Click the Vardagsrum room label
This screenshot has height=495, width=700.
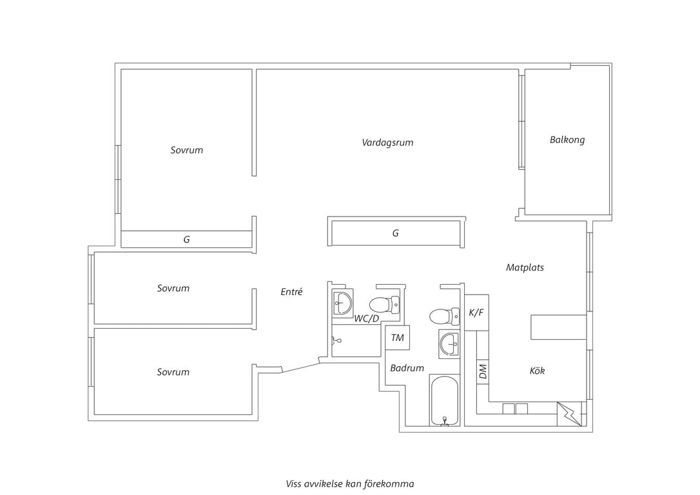click(387, 143)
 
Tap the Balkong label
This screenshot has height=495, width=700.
click(567, 140)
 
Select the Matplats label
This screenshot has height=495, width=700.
click(525, 267)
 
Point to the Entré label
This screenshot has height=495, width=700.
click(291, 291)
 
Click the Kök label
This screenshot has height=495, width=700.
click(537, 371)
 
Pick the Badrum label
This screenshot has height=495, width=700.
click(407, 368)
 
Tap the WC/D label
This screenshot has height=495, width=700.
click(367, 318)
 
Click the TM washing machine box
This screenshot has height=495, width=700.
click(397, 338)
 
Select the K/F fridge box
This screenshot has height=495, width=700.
click(476, 313)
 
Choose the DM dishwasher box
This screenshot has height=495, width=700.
click(483, 371)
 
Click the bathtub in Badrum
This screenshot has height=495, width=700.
click(444, 401)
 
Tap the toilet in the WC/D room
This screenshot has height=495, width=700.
click(384, 305)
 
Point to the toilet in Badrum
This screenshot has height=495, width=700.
click(444, 316)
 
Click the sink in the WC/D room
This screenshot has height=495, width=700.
click(342, 303)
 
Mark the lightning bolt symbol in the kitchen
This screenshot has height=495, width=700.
click(570, 414)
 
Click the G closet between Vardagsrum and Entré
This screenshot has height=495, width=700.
click(396, 233)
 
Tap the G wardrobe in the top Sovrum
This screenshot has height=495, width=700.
click(187, 239)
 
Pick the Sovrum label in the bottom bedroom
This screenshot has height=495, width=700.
click(173, 372)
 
